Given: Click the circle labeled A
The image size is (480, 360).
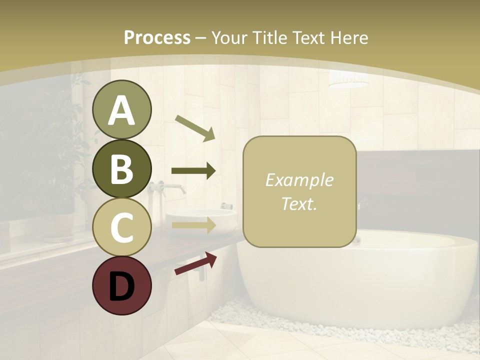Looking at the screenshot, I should (x=122, y=110).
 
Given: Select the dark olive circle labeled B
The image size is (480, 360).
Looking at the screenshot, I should (x=122, y=168).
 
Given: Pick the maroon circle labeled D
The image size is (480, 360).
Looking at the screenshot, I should (x=122, y=285).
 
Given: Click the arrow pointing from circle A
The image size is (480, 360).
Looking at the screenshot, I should (x=195, y=128).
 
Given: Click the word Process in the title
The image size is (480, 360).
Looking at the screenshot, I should (x=157, y=37).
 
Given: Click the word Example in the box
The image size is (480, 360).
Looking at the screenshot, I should (x=299, y=180).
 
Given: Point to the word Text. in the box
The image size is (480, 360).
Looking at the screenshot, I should (x=299, y=203).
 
